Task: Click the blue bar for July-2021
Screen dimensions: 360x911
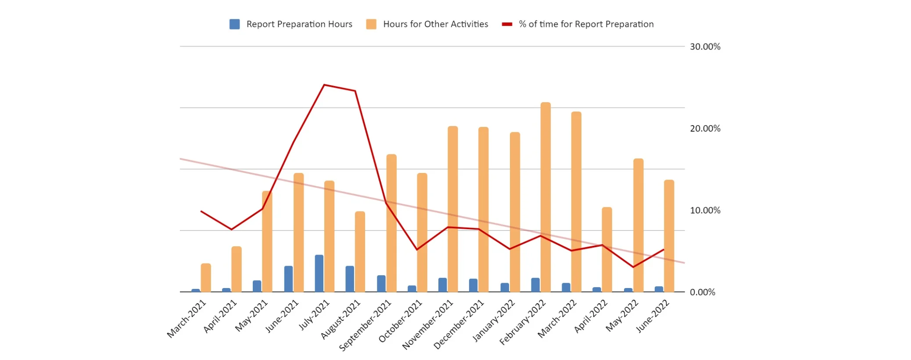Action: (x=319, y=273)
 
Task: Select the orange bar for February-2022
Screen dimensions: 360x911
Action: (x=545, y=197)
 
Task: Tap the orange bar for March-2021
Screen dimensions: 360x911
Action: (x=206, y=277)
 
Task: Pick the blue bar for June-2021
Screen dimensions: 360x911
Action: (x=288, y=279)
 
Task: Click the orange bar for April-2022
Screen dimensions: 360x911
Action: (x=607, y=249)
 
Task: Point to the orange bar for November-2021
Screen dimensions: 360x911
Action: (x=452, y=209)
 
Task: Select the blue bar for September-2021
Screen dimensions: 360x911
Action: (x=381, y=284)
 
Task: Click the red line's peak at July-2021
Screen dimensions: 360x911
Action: (x=324, y=85)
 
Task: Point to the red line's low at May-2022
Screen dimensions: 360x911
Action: (x=633, y=267)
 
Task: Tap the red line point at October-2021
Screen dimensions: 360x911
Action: (x=416, y=249)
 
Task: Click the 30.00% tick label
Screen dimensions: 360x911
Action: (x=705, y=47)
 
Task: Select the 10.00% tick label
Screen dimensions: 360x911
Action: (x=705, y=210)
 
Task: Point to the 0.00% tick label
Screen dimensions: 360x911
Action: (x=702, y=292)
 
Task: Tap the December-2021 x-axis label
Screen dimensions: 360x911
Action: (x=459, y=324)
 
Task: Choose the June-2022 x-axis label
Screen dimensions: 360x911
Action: (x=653, y=316)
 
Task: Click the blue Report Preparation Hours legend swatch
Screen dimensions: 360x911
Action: (x=234, y=24)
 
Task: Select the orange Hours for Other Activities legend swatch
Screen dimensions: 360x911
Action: (x=371, y=24)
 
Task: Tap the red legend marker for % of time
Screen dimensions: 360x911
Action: (x=507, y=24)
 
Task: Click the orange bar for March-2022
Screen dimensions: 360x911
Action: (x=576, y=202)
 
